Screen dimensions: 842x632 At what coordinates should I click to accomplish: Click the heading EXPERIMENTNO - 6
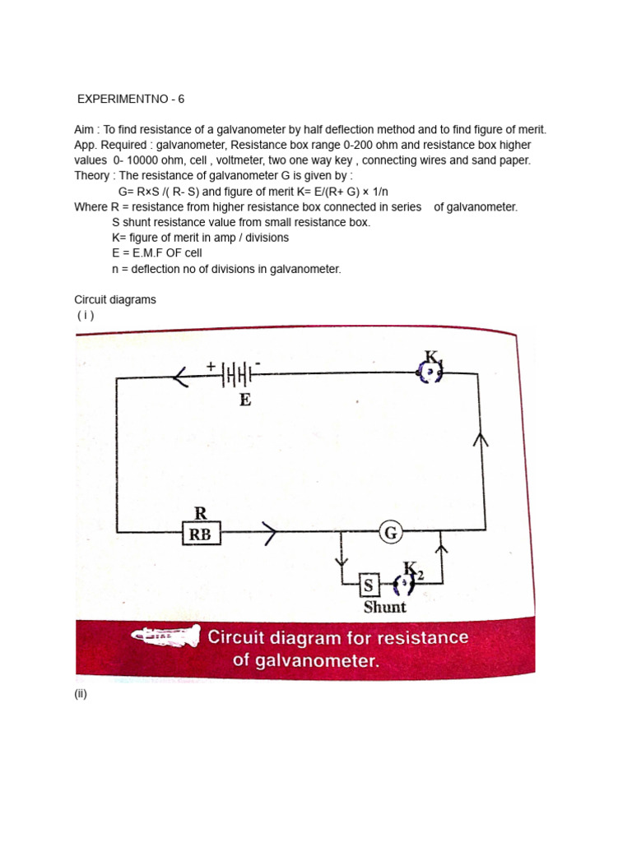(x=131, y=99)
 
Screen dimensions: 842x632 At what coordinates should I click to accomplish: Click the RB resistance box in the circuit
(x=200, y=534)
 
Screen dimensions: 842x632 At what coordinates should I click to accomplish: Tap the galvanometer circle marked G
(x=391, y=533)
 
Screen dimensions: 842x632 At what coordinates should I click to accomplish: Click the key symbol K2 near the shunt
(x=405, y=585)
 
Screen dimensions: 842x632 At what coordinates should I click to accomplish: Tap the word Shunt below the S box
(x=385, y=607)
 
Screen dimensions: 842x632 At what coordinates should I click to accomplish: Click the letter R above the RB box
(x=200, y=514)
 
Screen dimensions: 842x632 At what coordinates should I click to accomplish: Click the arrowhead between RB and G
(x=271, y=534)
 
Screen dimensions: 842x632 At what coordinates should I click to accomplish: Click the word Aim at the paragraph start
(x=85, y=130)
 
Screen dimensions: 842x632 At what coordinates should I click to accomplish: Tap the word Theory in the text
(x=91, y=176)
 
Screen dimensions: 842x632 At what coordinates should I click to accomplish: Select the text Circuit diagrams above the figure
(x=115, y=300)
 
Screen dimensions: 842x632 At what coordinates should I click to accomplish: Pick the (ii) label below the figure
(x=81, y=694)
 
